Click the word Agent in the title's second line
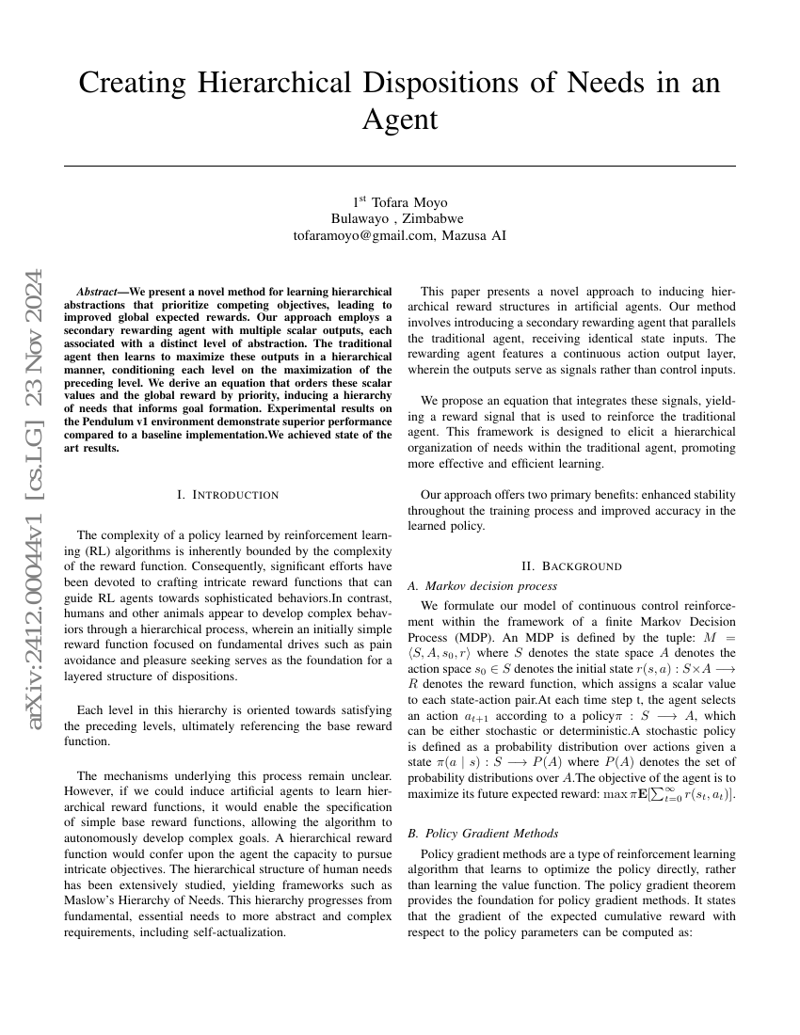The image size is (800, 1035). [400, 119]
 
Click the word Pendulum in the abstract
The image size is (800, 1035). [104, 422]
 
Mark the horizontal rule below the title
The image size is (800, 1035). [400, 167]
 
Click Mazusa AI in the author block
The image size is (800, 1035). [475, 236]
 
